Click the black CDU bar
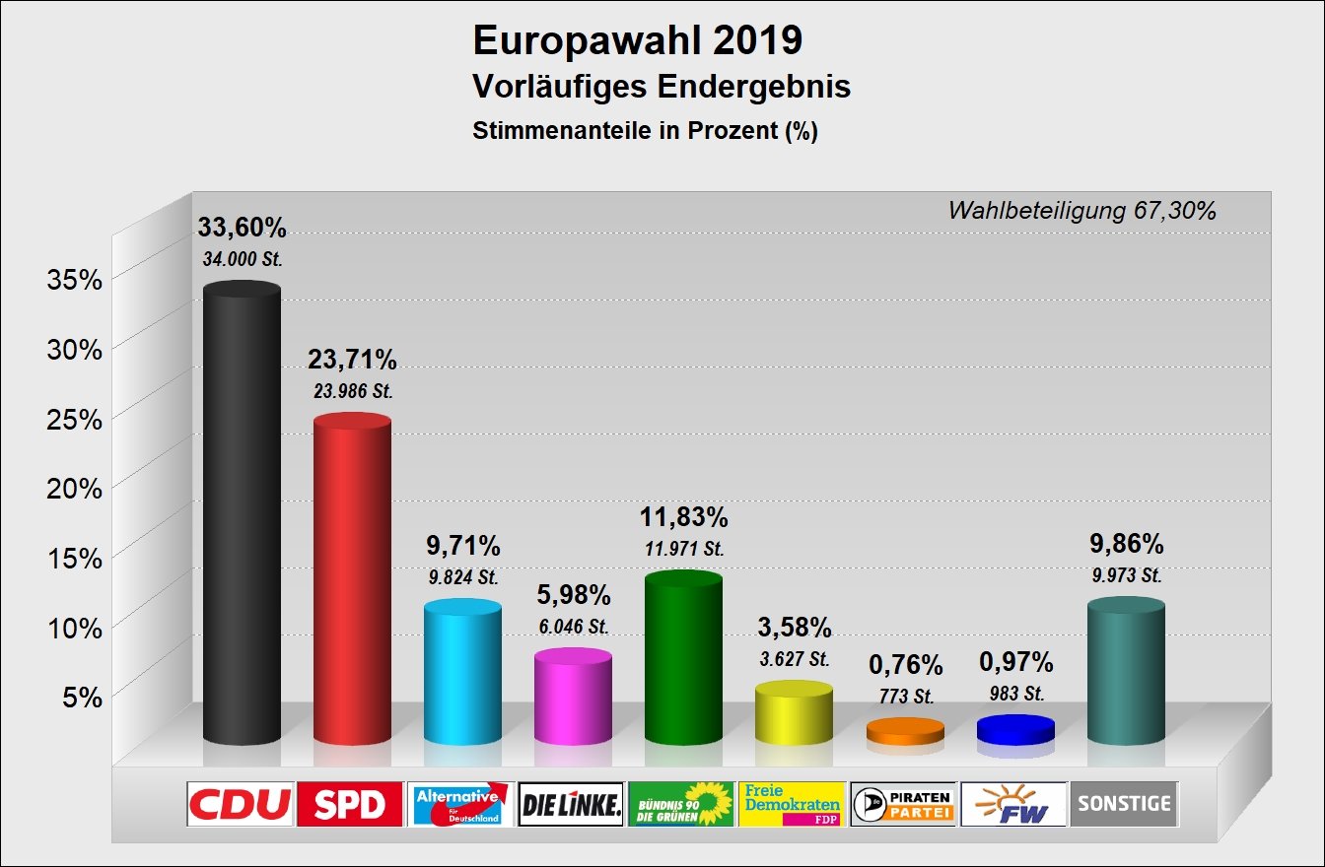(x=242, y=512)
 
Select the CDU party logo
(x=241, y=805)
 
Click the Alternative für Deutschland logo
(x=461, y=805)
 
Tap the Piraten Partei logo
(x=903, y=805)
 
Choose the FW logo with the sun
(x=1013, y=805)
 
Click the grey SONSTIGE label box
(x=1124, y=805)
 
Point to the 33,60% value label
(x=242, y=229)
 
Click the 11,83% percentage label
(x=683, y=517)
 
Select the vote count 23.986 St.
(x=352, y=391)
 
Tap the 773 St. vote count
(x=904, y=697)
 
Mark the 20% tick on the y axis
(x=75, y=488)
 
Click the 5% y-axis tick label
(x=83, y=698)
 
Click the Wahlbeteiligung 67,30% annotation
(x=1081, y=210)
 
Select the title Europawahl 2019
(x=638, y=42)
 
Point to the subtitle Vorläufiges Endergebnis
(x=662, y=87)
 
